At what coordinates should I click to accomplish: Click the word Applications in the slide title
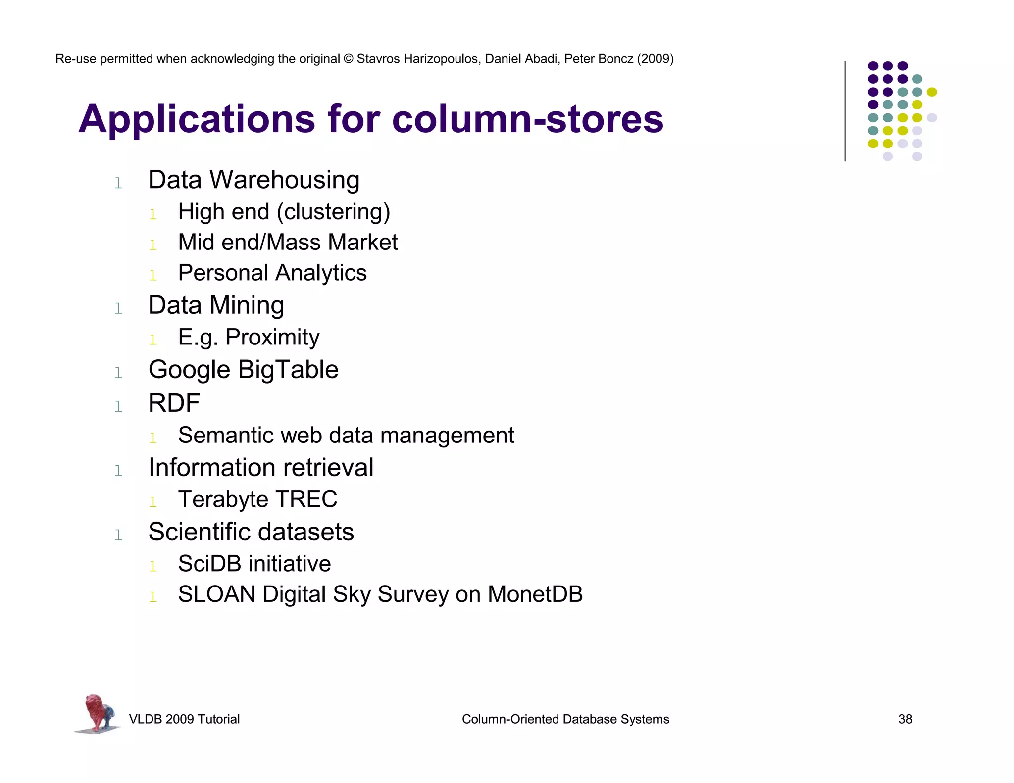[197, 119]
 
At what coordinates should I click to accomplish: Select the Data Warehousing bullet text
[253, 180]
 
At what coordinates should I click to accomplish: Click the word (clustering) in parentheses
[333, 212]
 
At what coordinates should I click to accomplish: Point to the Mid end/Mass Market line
[288, 243]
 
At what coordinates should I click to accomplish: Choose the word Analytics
[322, 273]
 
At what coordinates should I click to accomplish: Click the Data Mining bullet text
[216, 305]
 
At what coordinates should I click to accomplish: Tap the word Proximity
[272, 338]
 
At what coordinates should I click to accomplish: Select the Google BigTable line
[243, 370]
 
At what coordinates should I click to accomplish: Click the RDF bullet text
[174, 403]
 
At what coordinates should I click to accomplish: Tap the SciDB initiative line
[254, 564]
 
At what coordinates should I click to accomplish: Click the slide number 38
[905, 719]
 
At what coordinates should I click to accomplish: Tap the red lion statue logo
[98, 713]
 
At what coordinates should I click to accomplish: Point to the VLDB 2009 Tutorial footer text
[184, 719]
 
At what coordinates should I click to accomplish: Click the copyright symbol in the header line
[349, 59]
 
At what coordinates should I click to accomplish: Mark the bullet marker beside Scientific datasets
[118, 535]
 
